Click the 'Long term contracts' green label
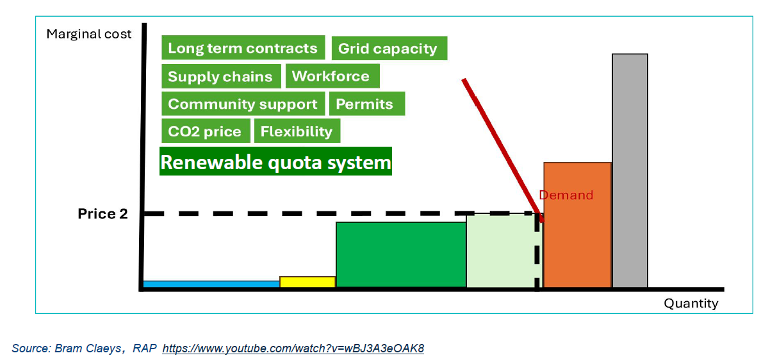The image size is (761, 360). (x=242, y=49)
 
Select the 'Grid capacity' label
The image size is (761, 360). (x=388, y=49)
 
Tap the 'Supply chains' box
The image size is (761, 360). (x=220, y=77)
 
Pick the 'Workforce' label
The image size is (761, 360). (x=331, y=76)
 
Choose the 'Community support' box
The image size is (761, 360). (x=242, y=104)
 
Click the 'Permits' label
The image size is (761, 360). (x=365, y=104)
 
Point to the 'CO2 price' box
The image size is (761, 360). (x=204, y=132)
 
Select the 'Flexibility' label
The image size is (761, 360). (x=297, y=132)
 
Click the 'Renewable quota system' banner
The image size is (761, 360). (x=275, y=162)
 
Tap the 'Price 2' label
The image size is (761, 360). (x=103, y=214)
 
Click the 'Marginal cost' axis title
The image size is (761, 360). (x=89, y=34)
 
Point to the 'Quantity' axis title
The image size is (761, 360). (x=691, y=304)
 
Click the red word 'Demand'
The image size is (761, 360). (x=566, y=195)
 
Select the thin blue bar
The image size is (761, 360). (x=211, y=284)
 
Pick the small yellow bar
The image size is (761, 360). (x=307, y=282)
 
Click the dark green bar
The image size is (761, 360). (x=401, y=255)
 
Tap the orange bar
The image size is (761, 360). (x=577, y=225)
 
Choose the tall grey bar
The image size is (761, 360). (x=630, y=171)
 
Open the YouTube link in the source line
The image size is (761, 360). (x=293, y=348)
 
